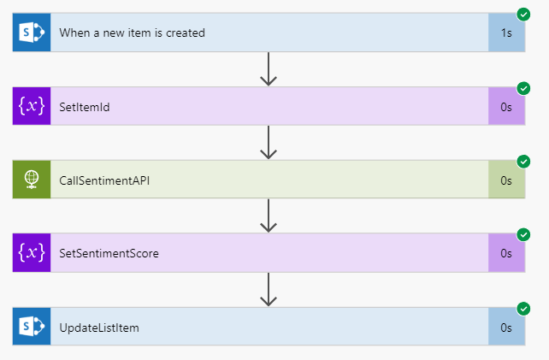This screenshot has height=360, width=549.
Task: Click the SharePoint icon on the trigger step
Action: pos(32,33)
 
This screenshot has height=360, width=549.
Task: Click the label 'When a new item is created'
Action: pos(132,33)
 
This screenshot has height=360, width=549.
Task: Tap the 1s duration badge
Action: pos(506,33)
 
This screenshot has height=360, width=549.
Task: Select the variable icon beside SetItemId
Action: pos(32,107)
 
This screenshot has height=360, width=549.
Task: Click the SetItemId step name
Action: pos(84,107)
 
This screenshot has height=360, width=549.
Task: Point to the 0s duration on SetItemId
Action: pos(506,107)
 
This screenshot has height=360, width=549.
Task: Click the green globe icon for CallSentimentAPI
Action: pos(32,180)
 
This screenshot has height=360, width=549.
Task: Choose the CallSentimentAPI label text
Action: pos(98,180)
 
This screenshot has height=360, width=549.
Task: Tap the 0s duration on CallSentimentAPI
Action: pos(506,180)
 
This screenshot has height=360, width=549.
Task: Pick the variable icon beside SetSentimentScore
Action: pos(32,253)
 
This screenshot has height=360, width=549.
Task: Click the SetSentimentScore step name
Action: pos(109,253)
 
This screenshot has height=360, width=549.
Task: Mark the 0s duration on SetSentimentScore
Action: pos(506,253)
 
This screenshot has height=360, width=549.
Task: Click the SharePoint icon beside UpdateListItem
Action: pos(32,327)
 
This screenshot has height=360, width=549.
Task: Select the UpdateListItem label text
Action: pos(98,327)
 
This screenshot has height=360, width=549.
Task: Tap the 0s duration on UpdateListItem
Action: pos(506,327)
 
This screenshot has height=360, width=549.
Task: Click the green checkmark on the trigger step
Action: pos(523,15)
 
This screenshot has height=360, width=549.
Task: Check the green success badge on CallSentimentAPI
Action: pos(523,161)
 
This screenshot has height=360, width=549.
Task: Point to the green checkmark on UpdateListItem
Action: pos(523,308)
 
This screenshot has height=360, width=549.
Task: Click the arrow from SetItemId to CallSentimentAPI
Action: pos(269,143)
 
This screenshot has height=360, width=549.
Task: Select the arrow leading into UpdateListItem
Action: pos(269,289)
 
